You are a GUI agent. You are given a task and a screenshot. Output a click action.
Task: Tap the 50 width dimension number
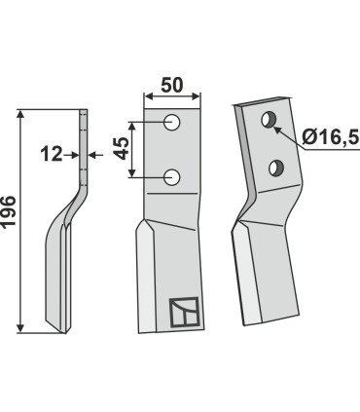pyautogui.click(x=172, y=86)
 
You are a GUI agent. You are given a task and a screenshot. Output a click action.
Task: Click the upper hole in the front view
pyautogui.click(x=172, y=122)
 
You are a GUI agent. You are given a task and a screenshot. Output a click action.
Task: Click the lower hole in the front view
pyautogui.click(x=172, y=176)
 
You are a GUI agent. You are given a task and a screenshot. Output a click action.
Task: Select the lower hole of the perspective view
pyautogui.click(x=276, y=166)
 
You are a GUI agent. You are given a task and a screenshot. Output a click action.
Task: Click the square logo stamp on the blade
pyautogui.click(x=182, y=311)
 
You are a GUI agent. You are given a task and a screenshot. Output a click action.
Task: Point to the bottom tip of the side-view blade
pyautogui.click(x=58, y=329)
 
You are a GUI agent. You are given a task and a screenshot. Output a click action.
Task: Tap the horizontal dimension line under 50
pyautogui.click(x=172, y=97)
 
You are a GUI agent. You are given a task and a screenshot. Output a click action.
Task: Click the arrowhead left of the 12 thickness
pyautogui.click(x=73, y=153)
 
